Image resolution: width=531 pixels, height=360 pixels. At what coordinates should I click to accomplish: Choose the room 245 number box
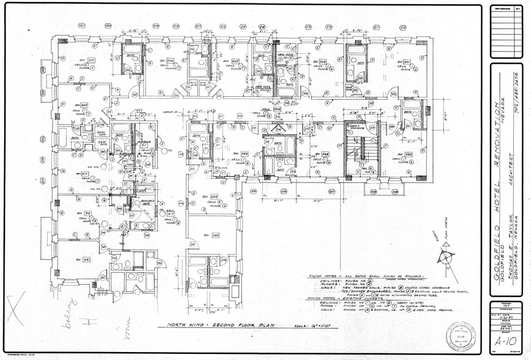point(214,197)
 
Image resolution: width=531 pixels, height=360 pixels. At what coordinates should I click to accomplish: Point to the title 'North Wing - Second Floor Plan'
point(216,326)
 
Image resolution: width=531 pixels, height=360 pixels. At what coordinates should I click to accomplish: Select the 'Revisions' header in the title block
point(505,9)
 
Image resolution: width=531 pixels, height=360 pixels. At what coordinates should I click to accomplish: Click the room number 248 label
point(325,154)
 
